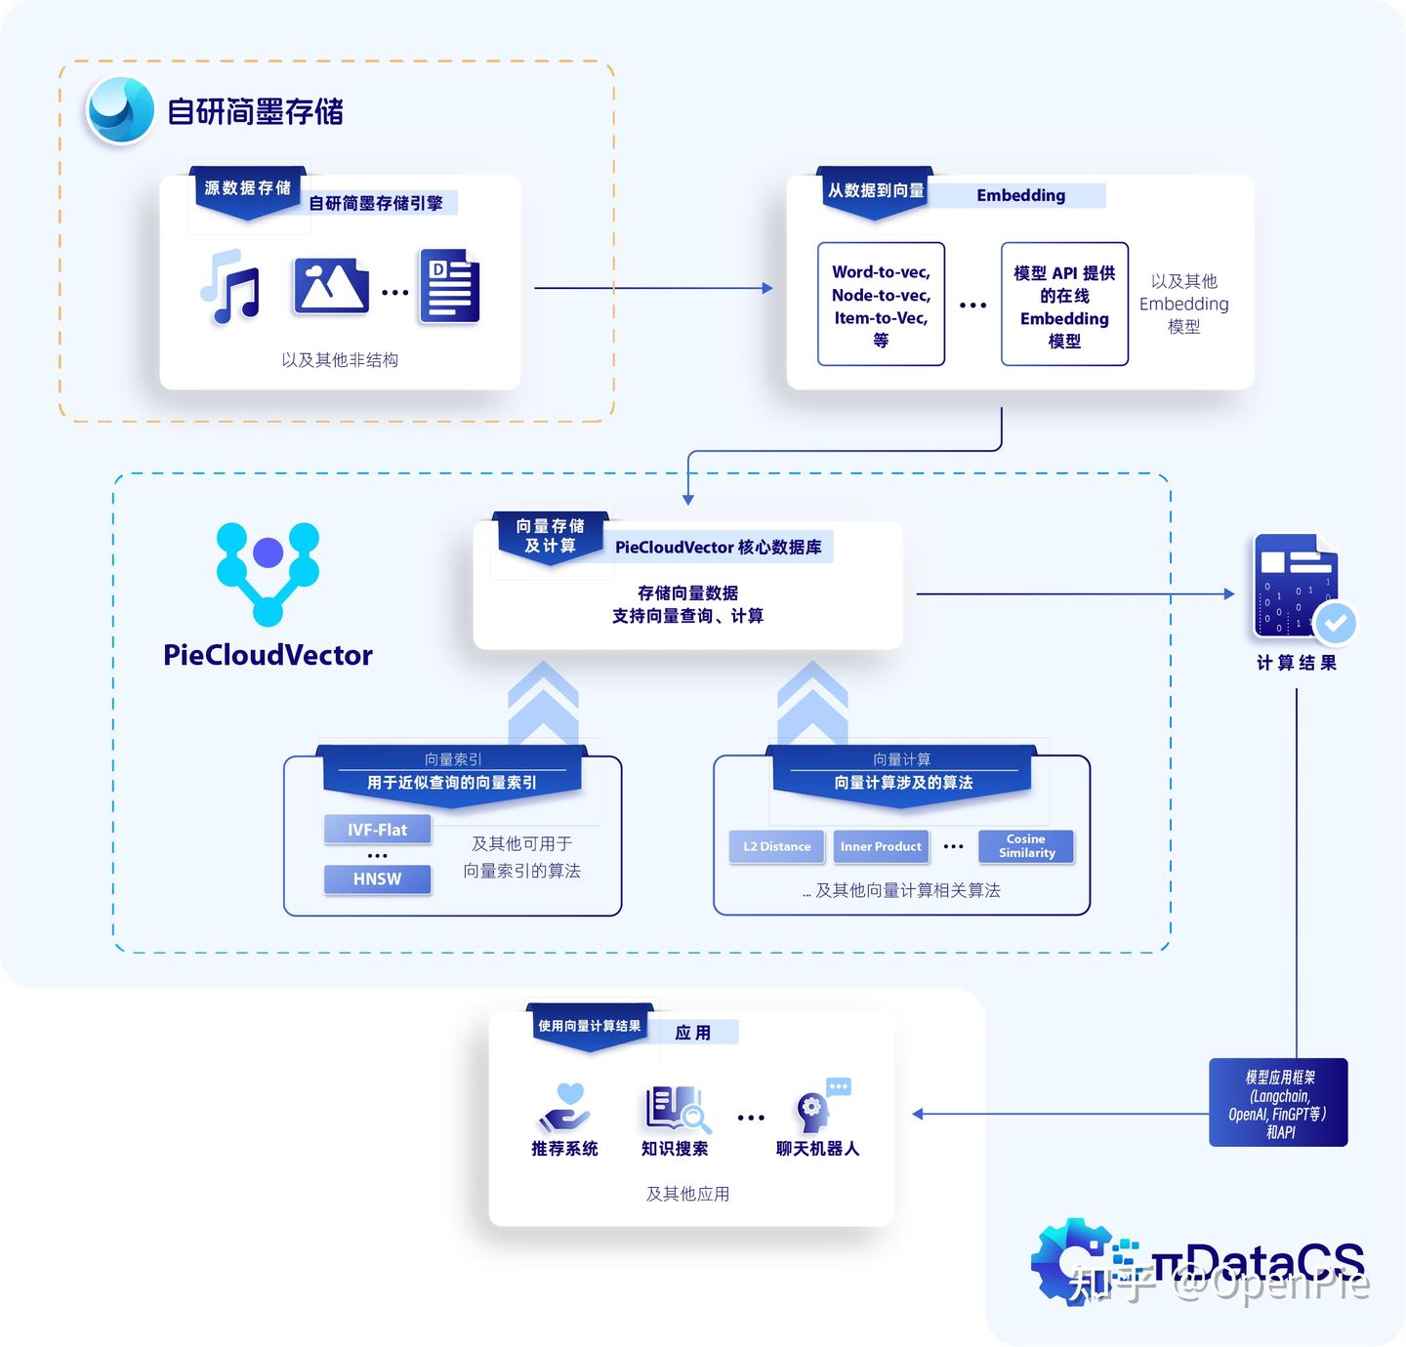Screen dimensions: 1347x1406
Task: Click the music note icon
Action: (230, 287)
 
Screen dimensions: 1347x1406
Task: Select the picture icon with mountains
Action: (330, 287)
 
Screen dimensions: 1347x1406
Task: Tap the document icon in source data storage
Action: (449, 287)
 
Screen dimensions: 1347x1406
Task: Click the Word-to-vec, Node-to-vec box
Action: (881, 305)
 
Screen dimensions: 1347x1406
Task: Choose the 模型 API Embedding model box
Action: (1064, 305)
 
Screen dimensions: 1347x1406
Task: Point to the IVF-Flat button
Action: (377, 830)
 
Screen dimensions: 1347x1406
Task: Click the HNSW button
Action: (377, 878)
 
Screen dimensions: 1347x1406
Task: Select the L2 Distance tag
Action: (776, 846)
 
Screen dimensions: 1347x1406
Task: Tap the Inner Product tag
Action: (881, 846)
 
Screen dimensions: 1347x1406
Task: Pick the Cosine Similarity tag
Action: (1026, 846)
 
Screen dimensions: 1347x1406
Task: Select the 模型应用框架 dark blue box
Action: (1278, 1103)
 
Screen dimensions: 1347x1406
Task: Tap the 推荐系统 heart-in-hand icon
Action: (564, 1108)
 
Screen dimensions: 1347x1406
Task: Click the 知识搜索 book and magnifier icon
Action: (675, 1109)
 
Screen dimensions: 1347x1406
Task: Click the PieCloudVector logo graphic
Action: (268, 572)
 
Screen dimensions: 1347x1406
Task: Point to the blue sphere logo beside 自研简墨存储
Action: (120, 110)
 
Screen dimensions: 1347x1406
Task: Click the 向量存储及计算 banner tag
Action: (551, 536)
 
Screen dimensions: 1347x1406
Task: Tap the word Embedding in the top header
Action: (1020, 195)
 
